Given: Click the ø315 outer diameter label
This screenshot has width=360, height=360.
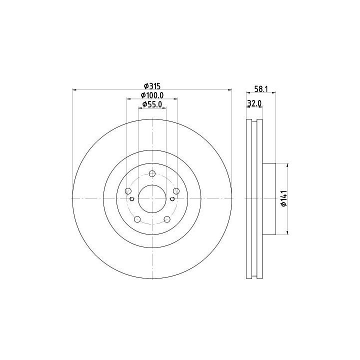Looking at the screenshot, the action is pyautogui.click(x=152, y=86).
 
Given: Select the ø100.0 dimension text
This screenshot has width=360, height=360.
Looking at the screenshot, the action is pyautogui.click(x=152, y=95).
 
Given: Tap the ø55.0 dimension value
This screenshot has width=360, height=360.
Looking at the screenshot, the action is pyautogui.click(x=152, y=104).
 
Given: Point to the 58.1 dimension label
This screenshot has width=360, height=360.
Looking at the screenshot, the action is pyautogui.click(x=261, y=89).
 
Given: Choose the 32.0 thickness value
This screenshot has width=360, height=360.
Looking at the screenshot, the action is pyautogui.click(x=254, y=103).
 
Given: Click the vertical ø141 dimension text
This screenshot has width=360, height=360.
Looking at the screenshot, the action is pyautogui.click(x=284, y=198).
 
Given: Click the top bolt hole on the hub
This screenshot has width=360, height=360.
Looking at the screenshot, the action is pyautogui.click(x=152, y=173).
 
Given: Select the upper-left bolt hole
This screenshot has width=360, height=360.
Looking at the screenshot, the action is pyautogui.click(x=128, y=191).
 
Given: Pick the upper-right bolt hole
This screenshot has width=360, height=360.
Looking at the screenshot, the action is pyautogui.click(x=176, y=191).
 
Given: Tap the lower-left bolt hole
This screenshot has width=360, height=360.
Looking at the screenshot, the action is pyautogui.click(x=137, y=219).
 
